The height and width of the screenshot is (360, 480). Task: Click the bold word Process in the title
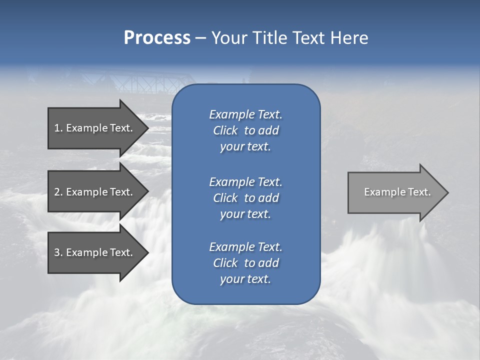tap(157, 38)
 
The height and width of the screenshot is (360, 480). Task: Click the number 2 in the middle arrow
tap(57, 192)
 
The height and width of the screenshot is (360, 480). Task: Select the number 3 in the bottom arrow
tap(57, 252)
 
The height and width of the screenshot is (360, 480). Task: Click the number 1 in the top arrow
tap(56, 128)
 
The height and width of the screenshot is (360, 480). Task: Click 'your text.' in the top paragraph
tap(245, 147)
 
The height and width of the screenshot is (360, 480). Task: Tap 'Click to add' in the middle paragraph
tap(246, 198)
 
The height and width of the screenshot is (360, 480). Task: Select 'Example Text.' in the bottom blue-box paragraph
tap(246, 247)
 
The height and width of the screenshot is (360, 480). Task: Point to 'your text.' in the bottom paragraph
tap(245, 279)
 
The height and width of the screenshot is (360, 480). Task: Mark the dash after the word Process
tap(200, 38)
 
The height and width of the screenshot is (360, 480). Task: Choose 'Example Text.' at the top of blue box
tap(246, 114)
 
